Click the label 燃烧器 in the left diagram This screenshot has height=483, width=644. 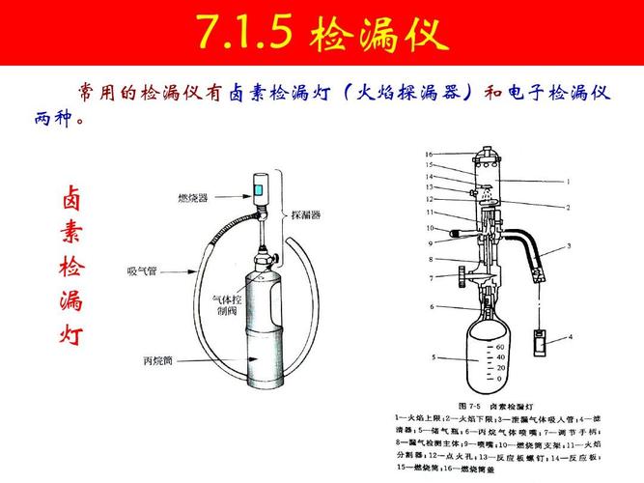(194, 198)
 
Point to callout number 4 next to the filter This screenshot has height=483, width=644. (570, 336)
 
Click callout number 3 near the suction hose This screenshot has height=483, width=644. (569, 246)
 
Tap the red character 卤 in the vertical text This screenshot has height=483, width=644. (71, 196)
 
